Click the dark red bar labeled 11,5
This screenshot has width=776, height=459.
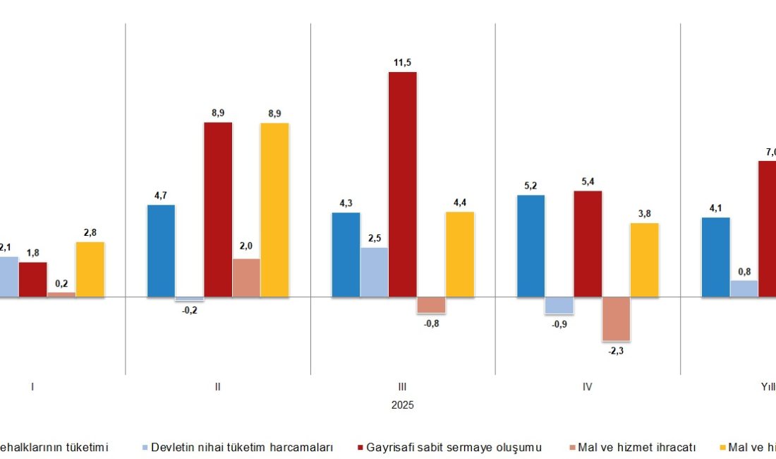(403, 184)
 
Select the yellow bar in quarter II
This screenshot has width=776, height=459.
(274, 210)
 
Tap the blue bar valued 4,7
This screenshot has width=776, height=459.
(161, 251)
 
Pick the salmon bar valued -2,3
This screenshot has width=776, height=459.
(616, 319)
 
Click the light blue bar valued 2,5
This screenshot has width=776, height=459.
(375, 272)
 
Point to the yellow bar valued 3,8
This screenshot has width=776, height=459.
(644, 260)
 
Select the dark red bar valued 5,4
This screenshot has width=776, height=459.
(588, 244)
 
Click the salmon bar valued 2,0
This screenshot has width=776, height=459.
(246, 278)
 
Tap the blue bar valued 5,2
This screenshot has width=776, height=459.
(531, 246)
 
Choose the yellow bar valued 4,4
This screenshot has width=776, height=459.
(460, 254)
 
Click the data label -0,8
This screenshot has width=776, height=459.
(430, 324)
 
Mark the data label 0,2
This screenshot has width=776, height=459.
(61, 284)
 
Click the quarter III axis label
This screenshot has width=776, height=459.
(402, 387)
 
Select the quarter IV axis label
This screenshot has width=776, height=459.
(587, 387)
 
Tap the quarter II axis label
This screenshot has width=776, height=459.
(217, 387)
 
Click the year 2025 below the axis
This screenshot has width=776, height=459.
(402, 405)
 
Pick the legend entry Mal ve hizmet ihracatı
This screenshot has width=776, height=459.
(636, 447)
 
